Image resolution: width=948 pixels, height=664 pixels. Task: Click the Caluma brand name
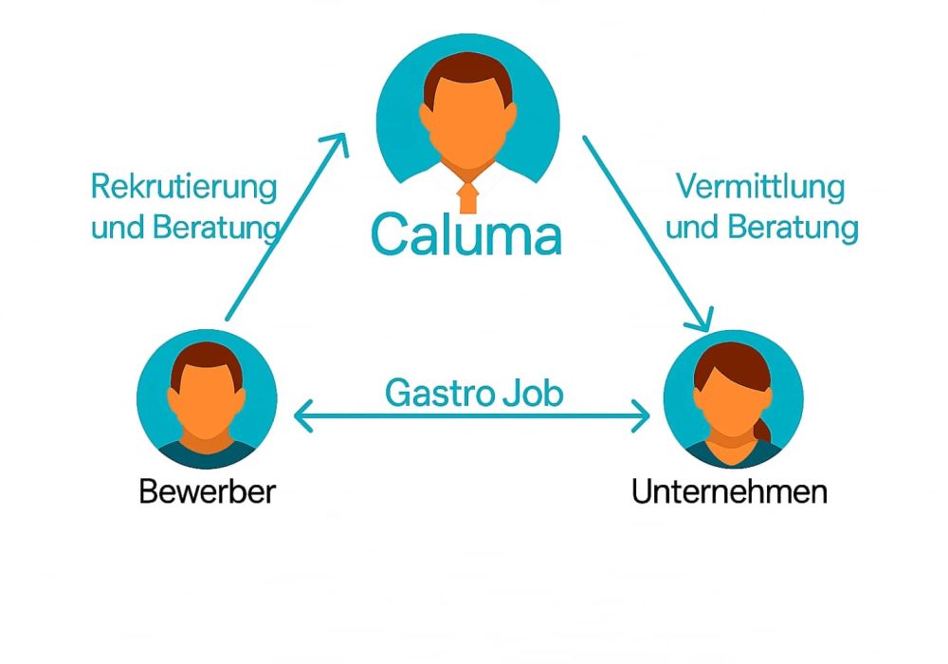465,234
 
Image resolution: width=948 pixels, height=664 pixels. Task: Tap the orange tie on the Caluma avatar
465,195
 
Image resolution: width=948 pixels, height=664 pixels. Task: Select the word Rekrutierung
184,187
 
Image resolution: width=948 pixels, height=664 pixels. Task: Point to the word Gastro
431,393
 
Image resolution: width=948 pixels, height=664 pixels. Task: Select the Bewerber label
207,492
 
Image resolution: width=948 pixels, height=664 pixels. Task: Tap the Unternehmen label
729,492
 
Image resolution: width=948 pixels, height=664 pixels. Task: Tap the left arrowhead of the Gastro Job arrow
301,415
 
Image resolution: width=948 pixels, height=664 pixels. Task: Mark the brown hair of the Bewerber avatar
207,361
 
